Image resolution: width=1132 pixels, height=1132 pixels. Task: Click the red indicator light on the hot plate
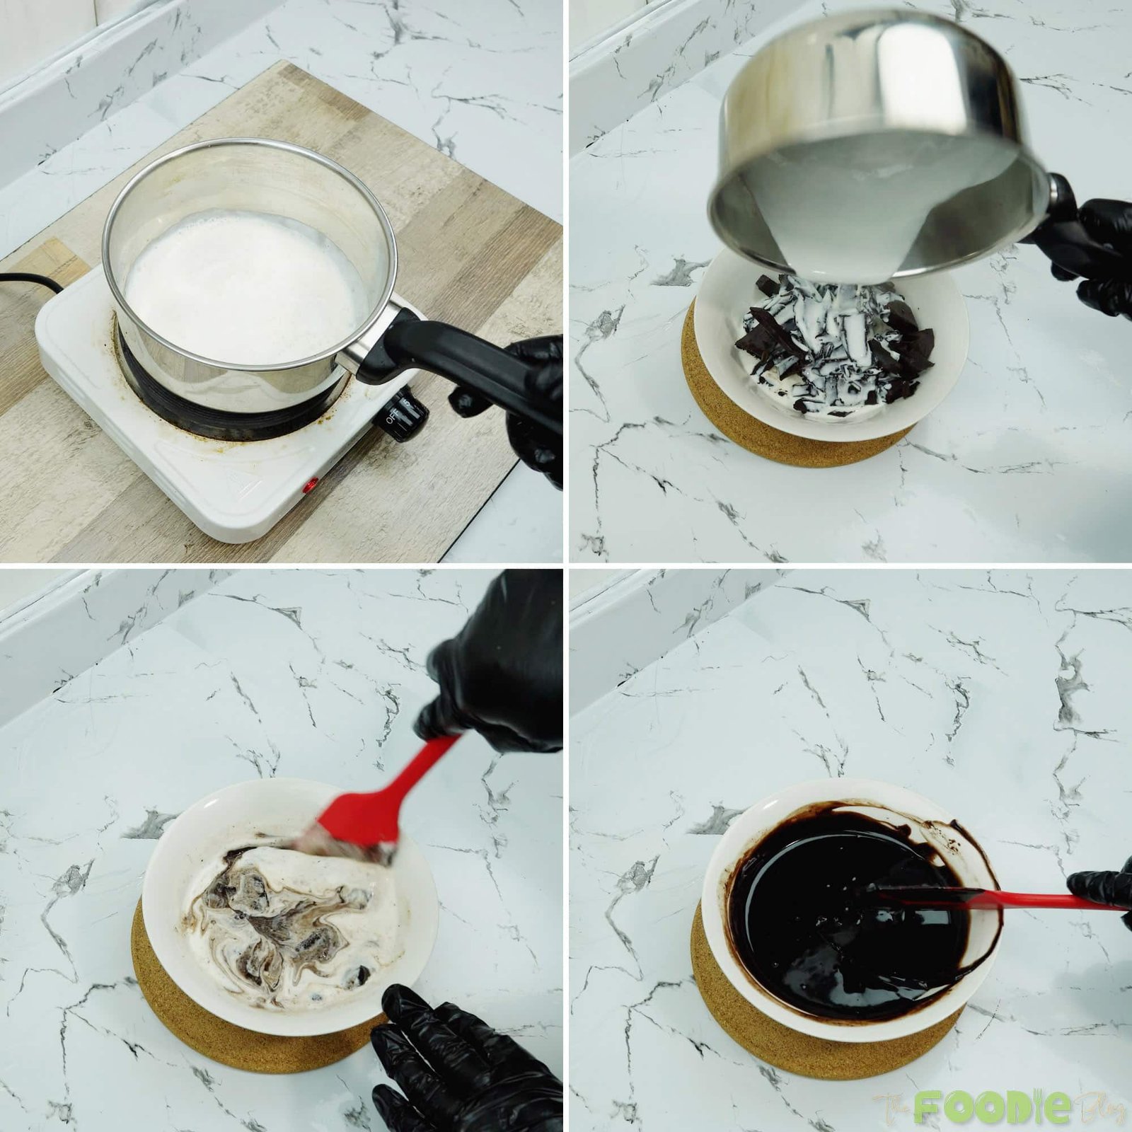[x=310, y=487]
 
